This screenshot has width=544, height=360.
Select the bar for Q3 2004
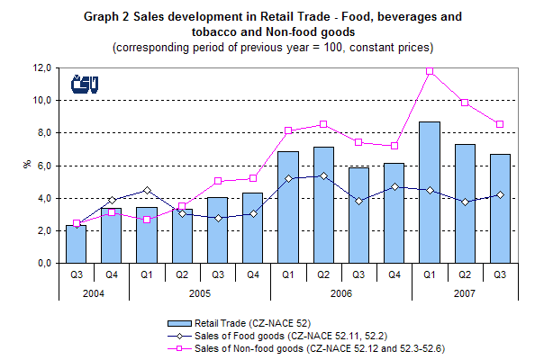76,244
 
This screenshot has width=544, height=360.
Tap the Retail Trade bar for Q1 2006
288,207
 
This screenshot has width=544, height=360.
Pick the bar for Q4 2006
394,212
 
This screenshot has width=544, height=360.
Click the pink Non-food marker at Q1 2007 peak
429,70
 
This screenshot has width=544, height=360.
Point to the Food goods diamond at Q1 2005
147,190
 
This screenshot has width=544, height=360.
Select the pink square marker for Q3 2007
500,123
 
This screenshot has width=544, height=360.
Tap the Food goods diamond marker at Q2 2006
323,175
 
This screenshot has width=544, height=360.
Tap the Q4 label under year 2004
111,277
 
